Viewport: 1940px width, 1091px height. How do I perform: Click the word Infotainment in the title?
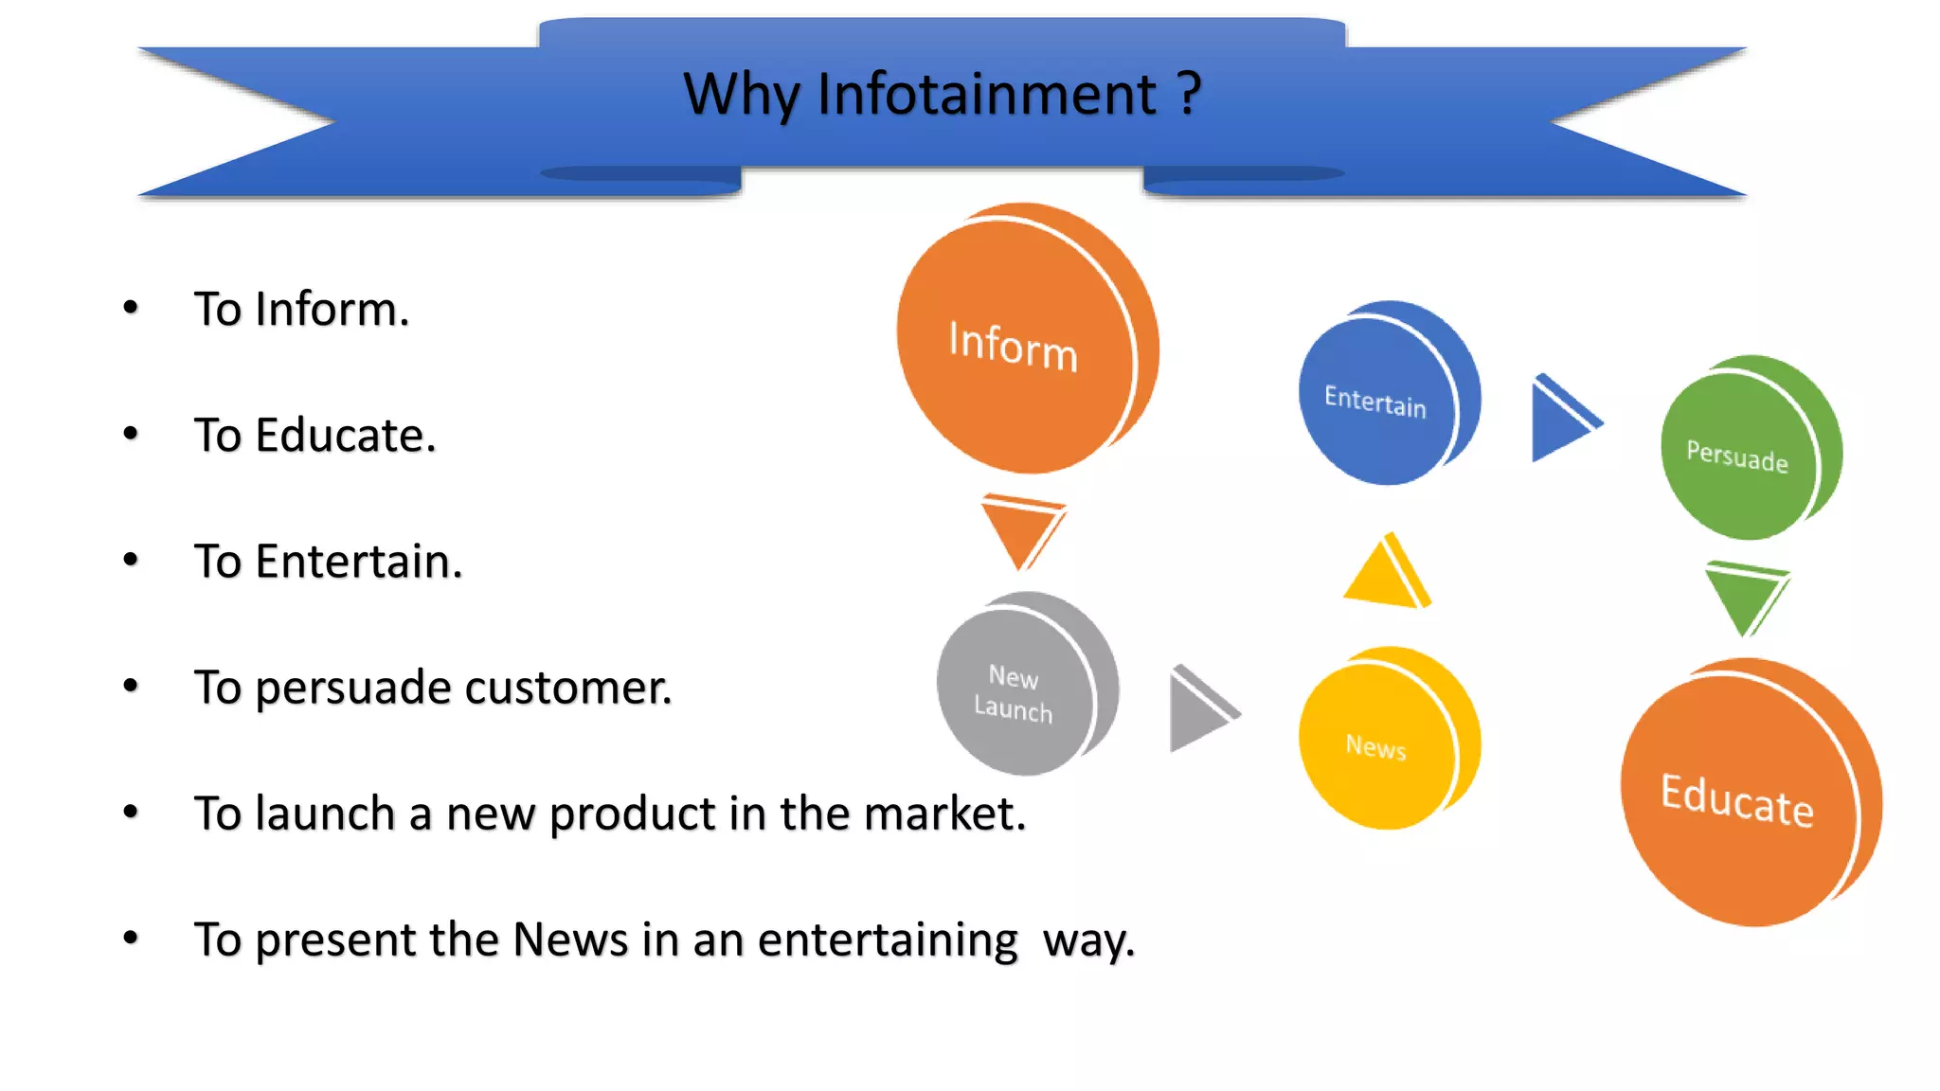986,95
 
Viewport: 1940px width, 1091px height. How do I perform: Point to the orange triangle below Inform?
1021,528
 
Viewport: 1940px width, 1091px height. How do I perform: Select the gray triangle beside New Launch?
1197,710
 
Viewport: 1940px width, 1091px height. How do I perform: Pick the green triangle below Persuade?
1745,597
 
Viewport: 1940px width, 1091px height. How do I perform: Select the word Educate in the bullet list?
345,436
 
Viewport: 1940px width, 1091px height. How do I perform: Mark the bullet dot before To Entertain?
131,560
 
